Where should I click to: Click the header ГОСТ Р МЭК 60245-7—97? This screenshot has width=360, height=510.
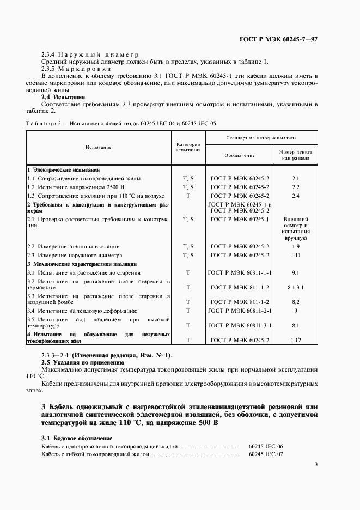[279, 40]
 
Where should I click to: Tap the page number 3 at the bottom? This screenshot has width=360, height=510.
[316, 464]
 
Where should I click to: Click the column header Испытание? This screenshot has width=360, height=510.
[98, 148]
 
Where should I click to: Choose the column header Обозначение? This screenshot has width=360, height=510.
[240, 155]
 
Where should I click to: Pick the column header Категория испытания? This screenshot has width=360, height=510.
[188, 147]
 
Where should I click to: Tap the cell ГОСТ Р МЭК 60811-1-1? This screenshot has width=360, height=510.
[240, 272]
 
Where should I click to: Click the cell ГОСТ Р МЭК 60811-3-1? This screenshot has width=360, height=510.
[240, 325]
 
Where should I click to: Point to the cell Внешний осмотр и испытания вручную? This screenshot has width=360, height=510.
[296, 228]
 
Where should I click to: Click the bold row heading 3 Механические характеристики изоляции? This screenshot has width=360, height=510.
[82, 264]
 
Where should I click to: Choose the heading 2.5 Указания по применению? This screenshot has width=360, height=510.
[83, 362]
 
